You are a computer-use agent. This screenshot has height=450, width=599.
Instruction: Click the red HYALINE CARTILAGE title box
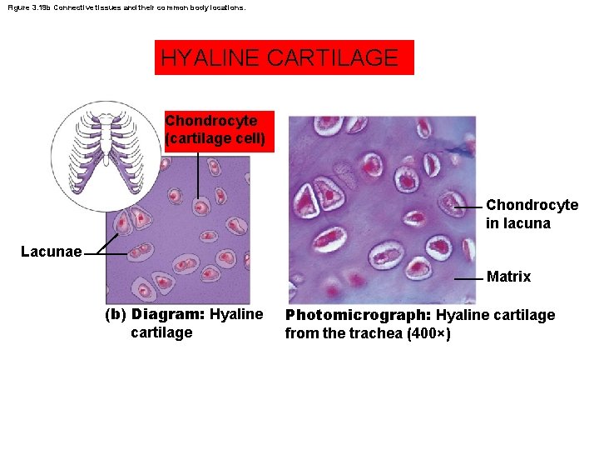(x=284, y=57)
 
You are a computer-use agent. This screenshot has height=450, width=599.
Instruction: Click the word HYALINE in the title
(x=211, y=58)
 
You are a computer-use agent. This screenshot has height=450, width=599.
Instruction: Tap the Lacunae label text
(x=51, y=251)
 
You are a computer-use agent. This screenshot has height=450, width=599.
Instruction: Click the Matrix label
(x=508, y=277)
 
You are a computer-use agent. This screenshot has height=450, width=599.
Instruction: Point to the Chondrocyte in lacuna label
(x=532, y=213)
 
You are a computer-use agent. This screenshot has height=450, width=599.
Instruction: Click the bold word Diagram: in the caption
(x=169, y=315)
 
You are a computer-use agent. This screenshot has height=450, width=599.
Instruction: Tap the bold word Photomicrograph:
(x=358, y=315)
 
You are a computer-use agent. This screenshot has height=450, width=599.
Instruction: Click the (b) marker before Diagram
(x=115, y=315)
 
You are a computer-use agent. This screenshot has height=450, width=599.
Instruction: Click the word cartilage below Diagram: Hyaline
(x=161, y=332)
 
